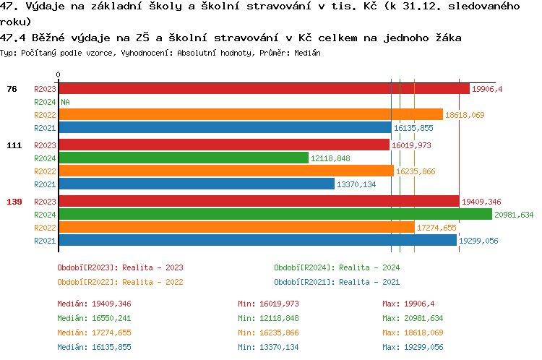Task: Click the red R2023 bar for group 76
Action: pyautogui.click(x=263, y=88)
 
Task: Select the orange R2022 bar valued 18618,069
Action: pyautogui.click(x=250, y=114)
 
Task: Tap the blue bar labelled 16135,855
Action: pyautogui.click(x=224, y=128)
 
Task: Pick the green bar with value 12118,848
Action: pyautogui.click(x=183, y=158)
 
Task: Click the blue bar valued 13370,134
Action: pyautogui.click(x=196, y=184)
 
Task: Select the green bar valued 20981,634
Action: pyautogui.click(x=275, y=214)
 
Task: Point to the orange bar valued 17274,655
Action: pyautogui.click(x=236, y=228)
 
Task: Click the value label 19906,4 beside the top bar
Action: pyautogui.click(x=486, y=89)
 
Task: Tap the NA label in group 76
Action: pyautogui.click(x=65, y=102)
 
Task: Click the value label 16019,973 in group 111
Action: pyautogui.click(x=411, y=145)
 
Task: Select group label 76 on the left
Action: pyautogui.click(x=12, y=89)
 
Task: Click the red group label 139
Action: pyautogui.click(x=14, y=202)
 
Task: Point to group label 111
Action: pyautogui.click(x=14, y=145)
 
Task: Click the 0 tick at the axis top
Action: pyautogui.click(x=58, y=74)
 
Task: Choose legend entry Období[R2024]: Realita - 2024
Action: pyautogui.click(x=337, y=267)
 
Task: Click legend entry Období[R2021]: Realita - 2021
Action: pyautogui.click(x=337, y=282)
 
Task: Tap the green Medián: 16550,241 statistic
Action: pyautogui.click(x=95, y=318)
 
